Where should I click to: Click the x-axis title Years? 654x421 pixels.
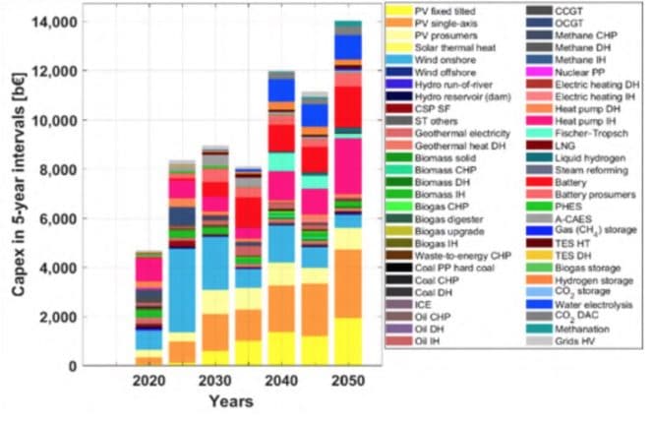tap(230, 401)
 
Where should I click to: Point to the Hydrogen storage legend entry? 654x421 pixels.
tap(592, 278)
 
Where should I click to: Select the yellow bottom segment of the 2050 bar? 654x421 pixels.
tap(347, 340)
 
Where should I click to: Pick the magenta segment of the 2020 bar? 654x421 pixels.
tap(149, 269)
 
